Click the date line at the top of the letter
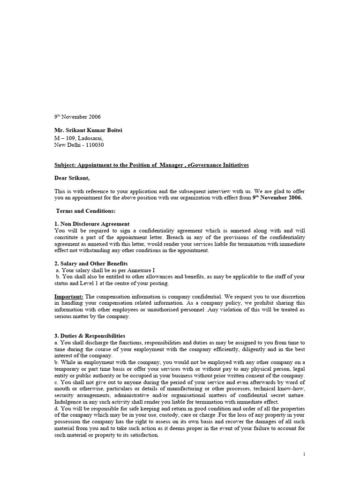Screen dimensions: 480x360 pyautogui.click(x=77, y=117)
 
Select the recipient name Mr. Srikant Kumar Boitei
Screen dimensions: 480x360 pyautogui.click(x=92, y=130)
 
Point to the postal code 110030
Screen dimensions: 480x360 pyautogui.click(x=94, y=145)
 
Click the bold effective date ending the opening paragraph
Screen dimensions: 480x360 pyautogui.click(x=277, y=198)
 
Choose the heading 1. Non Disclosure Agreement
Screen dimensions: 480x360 pyautogui.click(x=92, y=224)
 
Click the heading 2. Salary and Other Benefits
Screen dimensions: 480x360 pyautogui.click(x=91, y=263)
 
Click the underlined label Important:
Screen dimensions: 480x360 pyautogui.click(x=68, y=297)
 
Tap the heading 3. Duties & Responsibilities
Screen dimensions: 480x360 pyautogui.click(x=90, y=336)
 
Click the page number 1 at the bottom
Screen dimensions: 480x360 pyautogui.click(x=304, y=454)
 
